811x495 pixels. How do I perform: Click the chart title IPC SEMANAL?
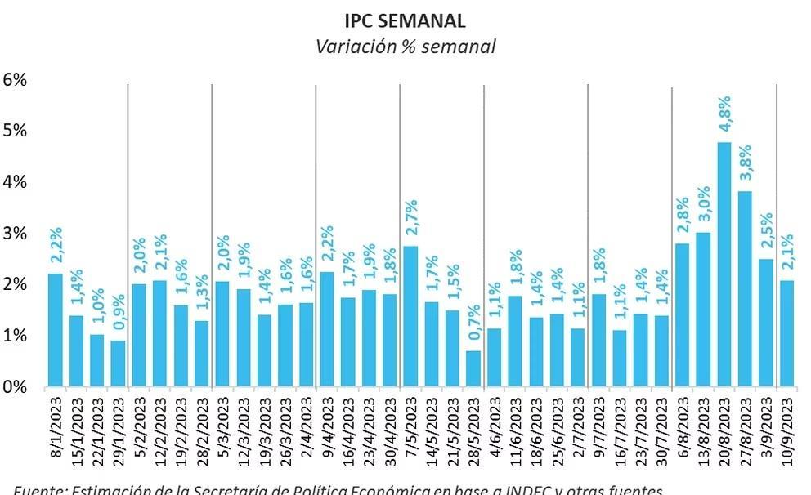405,19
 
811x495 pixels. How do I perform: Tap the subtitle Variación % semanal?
405,47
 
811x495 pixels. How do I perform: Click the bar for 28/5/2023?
473,368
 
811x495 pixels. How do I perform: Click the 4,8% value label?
724,117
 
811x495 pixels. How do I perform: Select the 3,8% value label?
745,166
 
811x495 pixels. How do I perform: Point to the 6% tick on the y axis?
16,80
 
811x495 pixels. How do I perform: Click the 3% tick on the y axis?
16,234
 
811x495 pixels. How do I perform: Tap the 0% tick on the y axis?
16,386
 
